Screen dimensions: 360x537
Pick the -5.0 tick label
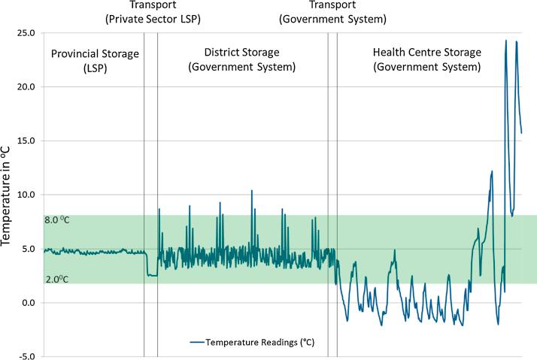click(27, 357)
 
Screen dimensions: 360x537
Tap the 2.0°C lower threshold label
click(58, 279)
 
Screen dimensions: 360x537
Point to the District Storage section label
click(242, 59)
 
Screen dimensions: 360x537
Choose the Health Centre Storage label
click(426, 59)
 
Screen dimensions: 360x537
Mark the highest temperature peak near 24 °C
click(506, 41)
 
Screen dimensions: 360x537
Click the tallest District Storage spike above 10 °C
click(252, 191)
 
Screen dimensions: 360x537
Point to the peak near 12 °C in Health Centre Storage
click(492, 171)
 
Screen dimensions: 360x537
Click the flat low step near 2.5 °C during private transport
click(152, 276)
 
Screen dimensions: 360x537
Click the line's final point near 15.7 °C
click(521, 133)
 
